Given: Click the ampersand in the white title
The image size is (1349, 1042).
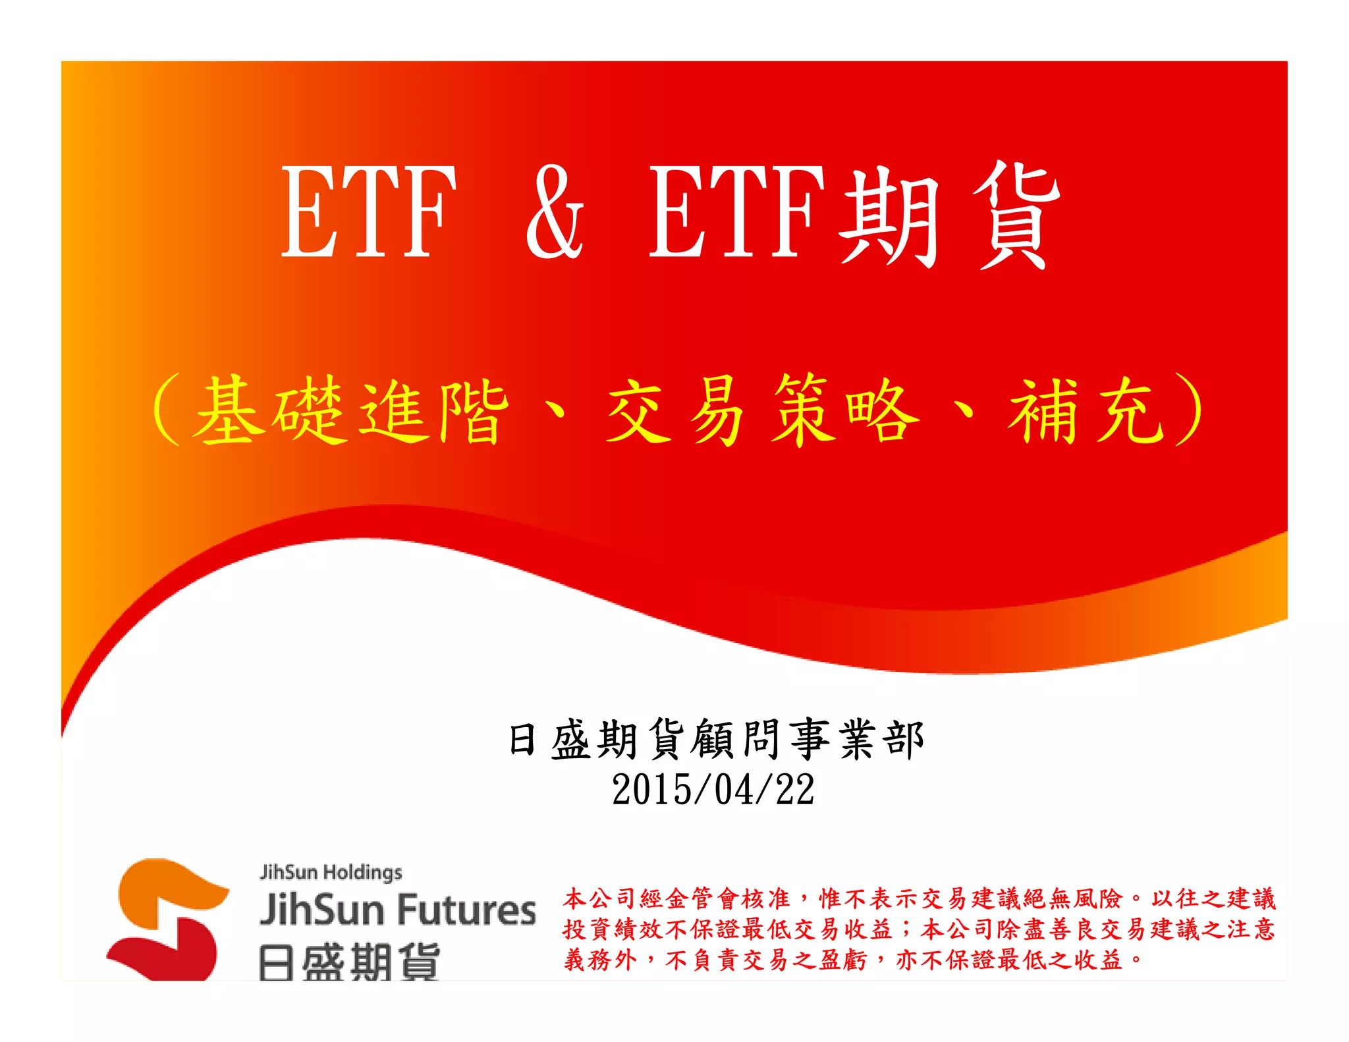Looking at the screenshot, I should [x=555, y=212].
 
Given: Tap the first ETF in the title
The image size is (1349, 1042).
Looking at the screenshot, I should [x=369, y=212].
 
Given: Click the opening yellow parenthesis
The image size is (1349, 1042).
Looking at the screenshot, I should [x=166, y=410].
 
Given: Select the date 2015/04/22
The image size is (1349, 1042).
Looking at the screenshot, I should [x=713, y=790].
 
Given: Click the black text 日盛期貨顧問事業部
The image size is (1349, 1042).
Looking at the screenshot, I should [x=716, y=740].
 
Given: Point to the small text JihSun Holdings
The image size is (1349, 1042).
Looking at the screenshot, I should [x=331, y=872].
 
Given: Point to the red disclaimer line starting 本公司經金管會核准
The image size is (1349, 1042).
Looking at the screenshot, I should [x=920, y=899].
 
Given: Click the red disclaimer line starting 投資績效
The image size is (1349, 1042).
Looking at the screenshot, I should [x=920, y=929].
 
